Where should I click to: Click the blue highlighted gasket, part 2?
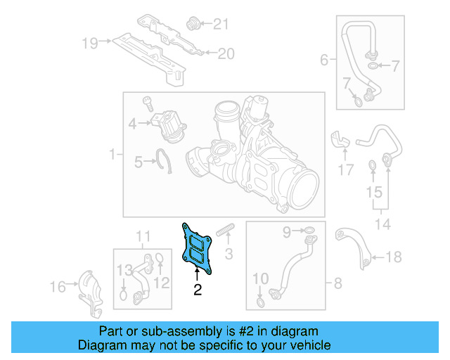[198, 247]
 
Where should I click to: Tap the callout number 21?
[221, 25]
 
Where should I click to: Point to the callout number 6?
[324, 60]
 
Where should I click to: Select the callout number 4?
[132, 125]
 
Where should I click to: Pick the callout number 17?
[345, 169]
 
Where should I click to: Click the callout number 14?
[382, 225]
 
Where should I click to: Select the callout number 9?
[286, 231]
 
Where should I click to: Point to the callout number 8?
[337, 283]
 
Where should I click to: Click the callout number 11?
[143, 235]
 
